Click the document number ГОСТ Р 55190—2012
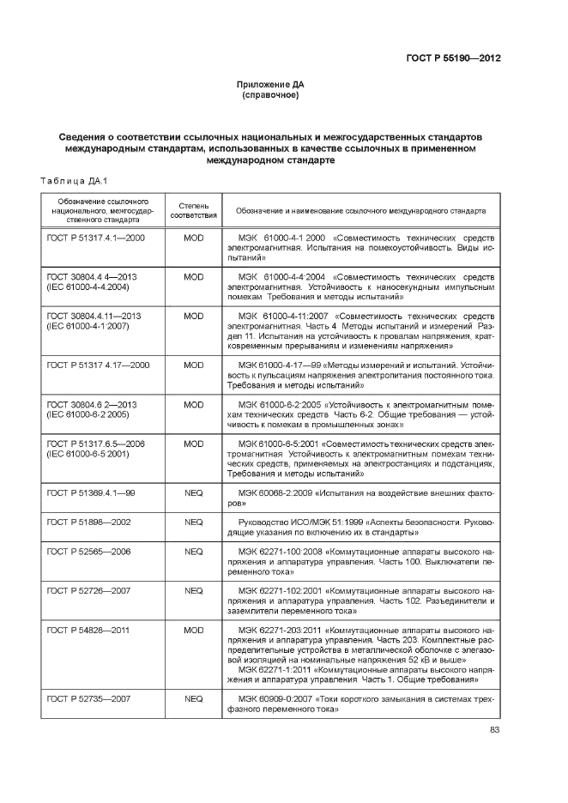pos(452,58)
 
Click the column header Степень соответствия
pos(193,210)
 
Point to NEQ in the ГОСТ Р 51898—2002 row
pos(193,522)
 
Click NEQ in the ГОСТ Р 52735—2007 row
pos(193,699)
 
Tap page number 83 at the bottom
pos(494,730)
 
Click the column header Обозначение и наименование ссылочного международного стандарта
pos(360,210)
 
